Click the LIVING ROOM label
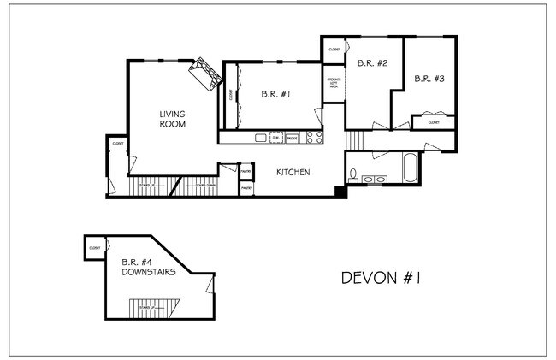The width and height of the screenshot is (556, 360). point(173,119)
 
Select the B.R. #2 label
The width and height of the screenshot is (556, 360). point(373,63)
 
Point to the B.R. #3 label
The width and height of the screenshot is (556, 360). point(429,79)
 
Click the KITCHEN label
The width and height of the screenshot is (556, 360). point(293,173)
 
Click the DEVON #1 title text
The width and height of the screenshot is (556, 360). point(383,278)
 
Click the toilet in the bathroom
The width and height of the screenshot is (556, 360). point(353,176)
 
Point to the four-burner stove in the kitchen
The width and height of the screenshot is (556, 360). point(314,137)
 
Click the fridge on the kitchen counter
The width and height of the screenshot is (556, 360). point(292,137)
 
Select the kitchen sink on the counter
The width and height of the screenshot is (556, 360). point(259,137)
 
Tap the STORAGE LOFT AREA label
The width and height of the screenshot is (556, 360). point(333,84)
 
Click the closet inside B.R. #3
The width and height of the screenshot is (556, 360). point(434,123)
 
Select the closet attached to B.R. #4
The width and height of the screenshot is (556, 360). point(93,248)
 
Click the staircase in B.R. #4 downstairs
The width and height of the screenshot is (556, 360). point(151,307)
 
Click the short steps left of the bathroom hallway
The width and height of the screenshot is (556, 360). point(355,139)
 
